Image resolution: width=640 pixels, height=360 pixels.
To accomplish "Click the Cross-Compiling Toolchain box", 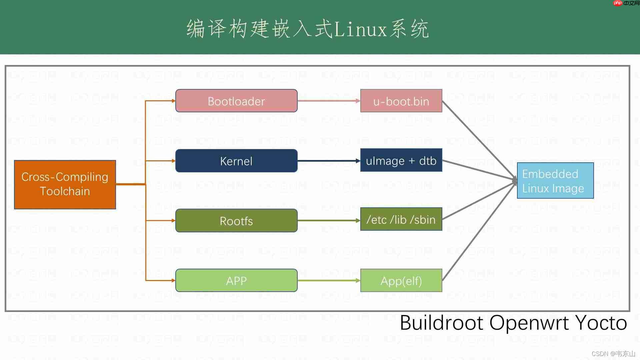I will (x=65, y=184).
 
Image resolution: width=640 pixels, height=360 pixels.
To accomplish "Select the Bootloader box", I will (x=236, y=101).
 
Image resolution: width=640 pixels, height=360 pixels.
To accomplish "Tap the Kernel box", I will (x=236, y=161).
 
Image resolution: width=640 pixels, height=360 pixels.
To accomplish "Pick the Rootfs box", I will (x=236, y=220).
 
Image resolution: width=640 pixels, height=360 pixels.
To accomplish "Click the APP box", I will (x=236, y=280).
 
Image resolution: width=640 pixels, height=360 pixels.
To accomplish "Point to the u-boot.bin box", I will (x=401, y=101).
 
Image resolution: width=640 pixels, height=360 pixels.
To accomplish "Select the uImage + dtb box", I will (x=401, y=160).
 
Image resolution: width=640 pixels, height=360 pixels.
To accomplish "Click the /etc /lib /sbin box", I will (x=401, y=219).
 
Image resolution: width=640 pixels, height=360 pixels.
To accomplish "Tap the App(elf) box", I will (x=401, y=280).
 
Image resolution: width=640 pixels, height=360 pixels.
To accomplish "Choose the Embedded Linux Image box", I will (x=555, y=181).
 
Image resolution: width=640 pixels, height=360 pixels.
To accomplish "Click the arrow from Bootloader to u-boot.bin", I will (x=328, y=101).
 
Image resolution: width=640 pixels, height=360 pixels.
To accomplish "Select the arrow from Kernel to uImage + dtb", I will (x=328, y=161).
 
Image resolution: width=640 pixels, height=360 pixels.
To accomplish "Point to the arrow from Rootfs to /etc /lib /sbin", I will (x=328, y=220).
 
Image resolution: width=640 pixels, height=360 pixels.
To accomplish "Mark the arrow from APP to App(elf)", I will (x=328, y=280).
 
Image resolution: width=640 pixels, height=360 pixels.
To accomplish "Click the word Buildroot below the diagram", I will (x=441, y=323).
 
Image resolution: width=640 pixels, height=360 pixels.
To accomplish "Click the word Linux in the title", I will (x=360, y=29).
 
